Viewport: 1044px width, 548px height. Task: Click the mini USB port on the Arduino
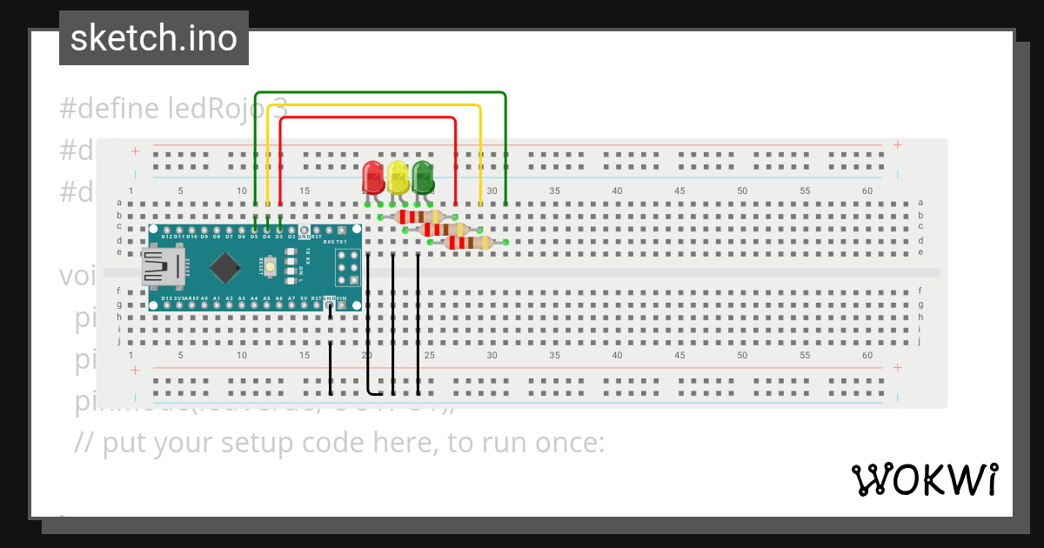click(164, 266)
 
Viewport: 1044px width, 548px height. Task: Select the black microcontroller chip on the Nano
click(225, 267)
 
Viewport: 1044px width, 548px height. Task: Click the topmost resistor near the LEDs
click(419, 217)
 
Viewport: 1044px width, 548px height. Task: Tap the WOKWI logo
click(924, 479)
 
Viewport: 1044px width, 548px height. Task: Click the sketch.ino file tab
click(154, 38)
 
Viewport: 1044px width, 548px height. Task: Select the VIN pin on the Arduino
click(342, 298)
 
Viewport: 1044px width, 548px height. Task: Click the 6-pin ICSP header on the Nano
click(348, 266)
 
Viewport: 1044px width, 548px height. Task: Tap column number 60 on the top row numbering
click(867, 190)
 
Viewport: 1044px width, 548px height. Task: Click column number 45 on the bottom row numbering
click(679, 356)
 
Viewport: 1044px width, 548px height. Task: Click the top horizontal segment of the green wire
click(379, 92)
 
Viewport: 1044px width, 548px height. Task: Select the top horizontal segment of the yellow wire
click(374, 105)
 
